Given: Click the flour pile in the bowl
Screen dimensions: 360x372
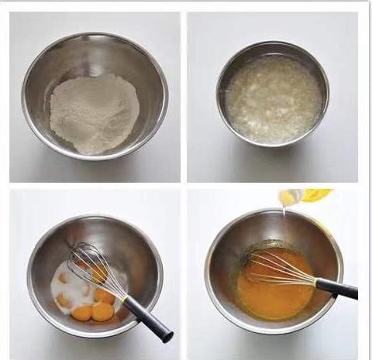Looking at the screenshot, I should point(95,113).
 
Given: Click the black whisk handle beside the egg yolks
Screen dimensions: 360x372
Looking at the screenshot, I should point(147,317).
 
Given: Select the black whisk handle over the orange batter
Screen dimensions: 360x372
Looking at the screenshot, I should point(337,289).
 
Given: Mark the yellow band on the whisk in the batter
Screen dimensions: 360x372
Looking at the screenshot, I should point(315,282).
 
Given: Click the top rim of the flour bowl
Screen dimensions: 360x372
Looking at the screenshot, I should point(95,34).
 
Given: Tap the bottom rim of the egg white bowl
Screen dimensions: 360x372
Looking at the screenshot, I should point(272,145).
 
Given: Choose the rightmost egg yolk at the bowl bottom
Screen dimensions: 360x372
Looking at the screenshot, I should point(102,311).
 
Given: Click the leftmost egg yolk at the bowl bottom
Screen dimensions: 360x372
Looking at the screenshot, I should point(81,313).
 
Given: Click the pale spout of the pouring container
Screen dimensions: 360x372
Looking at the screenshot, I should point(289,198).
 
